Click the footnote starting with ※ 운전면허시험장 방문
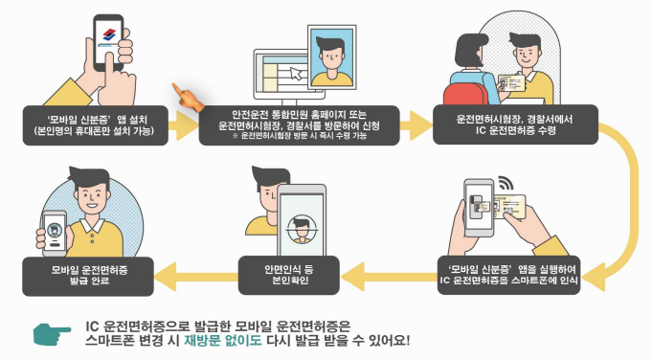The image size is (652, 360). [x=299, y=136]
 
